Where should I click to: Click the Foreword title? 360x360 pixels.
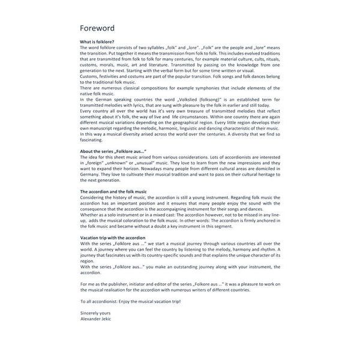coord(97,28)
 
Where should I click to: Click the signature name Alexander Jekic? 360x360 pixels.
coord(97,319)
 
